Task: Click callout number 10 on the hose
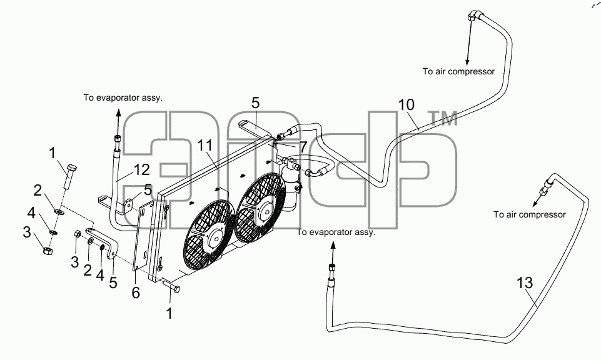point(407,104)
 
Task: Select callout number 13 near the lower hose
point(525,283)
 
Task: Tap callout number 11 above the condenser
point(205,146)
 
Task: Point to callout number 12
point(142,169)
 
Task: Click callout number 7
point(303,147)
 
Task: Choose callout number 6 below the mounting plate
point(136,293)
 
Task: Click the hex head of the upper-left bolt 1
point(71,168)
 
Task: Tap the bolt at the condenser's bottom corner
point(171,286)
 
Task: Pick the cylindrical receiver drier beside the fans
point(291,188)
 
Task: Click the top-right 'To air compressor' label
point(458,72)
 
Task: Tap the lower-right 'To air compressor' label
point(529,214)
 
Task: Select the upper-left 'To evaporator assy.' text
point(123,97)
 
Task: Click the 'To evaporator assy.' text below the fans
point(336,232)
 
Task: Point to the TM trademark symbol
point(443,118)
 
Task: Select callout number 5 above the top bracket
point(256,103)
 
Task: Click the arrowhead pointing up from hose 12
point(118,113)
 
